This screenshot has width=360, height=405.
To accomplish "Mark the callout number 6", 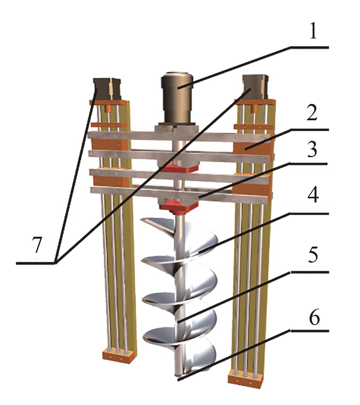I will tap(313, 317).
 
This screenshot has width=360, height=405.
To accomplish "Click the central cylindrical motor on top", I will tap(178, 99).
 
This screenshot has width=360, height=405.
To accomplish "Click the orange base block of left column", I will tap(118, 356).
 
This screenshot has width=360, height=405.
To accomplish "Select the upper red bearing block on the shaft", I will tap(178, 167).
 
